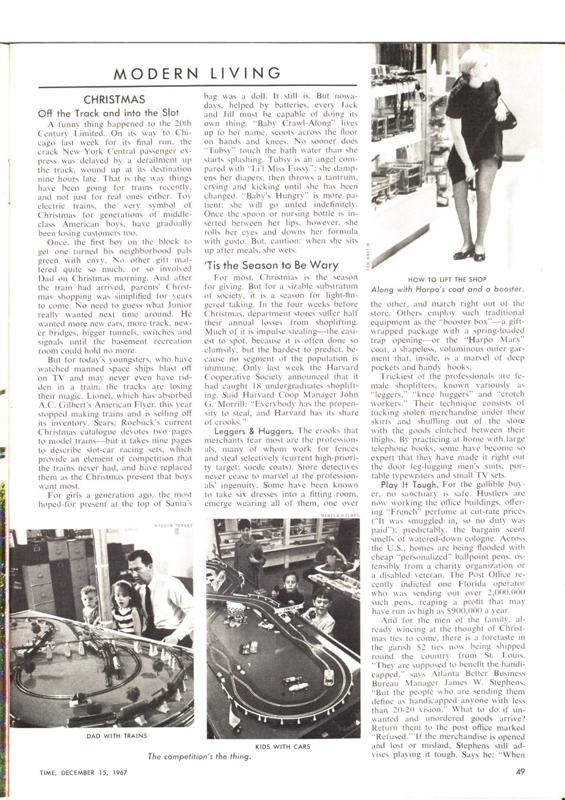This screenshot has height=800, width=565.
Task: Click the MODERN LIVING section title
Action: click(198, 73)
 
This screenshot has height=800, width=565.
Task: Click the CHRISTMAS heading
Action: click(114, 100)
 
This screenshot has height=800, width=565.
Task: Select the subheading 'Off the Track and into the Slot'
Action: click(108, 113)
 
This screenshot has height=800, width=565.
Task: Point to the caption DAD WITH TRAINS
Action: click(117, 735)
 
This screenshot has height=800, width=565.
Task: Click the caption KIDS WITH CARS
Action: click(283, 746)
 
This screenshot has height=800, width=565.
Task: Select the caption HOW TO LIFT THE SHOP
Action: click(447, 279)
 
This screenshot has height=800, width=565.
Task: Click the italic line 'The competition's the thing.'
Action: click(199, 757)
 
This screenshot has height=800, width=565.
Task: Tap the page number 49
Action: click(520, 772)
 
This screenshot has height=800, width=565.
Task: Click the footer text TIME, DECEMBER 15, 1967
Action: click(83, 773)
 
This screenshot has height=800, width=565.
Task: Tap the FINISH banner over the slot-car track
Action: click(289, 608)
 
